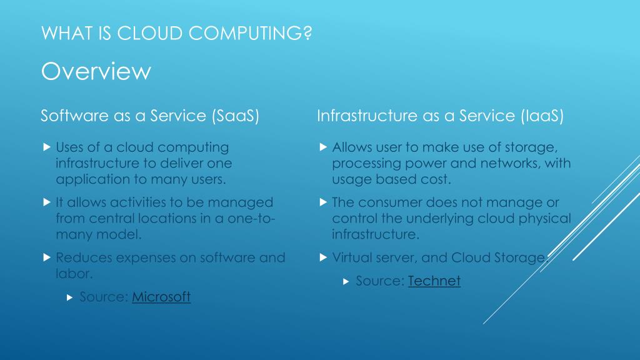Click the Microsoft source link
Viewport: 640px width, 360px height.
coord(161,297)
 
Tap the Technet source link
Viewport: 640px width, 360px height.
coord(434,281)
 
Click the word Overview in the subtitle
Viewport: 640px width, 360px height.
coord(96,72)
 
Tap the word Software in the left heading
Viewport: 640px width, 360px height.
coord(70,116)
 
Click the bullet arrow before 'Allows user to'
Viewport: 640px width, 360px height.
coord(322,148)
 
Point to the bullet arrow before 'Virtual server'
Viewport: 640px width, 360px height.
coord(322,257)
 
